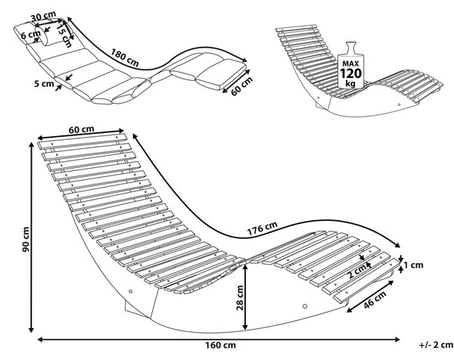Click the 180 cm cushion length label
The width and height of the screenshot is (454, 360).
pyautogui.click(x=125, y=57)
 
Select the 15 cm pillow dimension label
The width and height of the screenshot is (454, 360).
pyautogui.click(x=64, y=36)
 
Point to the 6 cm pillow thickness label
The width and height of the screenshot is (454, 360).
pyautogui.click(x=30, y=35)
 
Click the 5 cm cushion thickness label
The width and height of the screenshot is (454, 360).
pyautogui.click(x=44, y=84)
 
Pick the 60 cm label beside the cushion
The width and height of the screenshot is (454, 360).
pyautogui.click(x=242, y=85)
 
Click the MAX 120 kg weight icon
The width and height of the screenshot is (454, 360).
pyautogui.click(x=351, y=65)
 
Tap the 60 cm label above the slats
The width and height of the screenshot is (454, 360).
pyautogui.click(x=82, y=129)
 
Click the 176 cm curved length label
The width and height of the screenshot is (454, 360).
pyautogui.click(x=263, y=228)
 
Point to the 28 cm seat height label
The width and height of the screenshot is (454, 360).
pyautogui.click(x=240, y=298)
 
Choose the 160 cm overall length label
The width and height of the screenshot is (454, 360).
pyautogui.click(x=221, y=345)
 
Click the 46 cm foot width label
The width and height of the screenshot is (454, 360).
pyautogui.click(x=375, y=299)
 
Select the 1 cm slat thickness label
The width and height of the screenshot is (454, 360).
pyautogui.click(x=413, y=265)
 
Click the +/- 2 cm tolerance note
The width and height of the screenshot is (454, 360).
pyautogui.click(x=436, y=345)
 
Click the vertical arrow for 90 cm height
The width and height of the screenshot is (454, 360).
pyautogui.click(x=32, y=238)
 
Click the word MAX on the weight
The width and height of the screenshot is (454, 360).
pyautogui.click(x=350, y=64)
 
